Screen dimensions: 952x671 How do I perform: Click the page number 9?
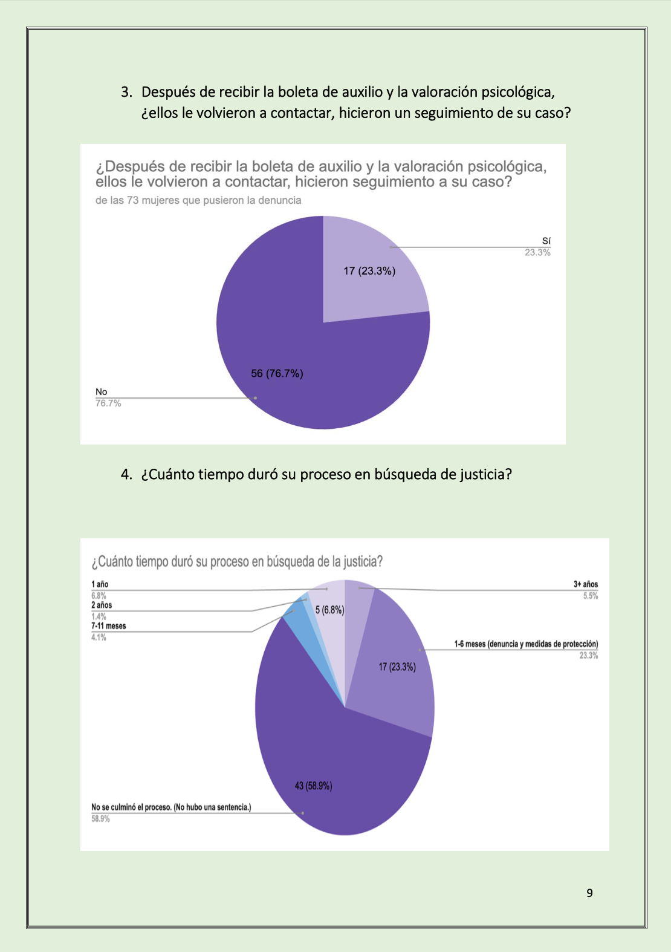pyautogui.click(x=589, y=893)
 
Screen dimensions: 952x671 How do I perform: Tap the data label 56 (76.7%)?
pyautogui.click(x=277, y=374)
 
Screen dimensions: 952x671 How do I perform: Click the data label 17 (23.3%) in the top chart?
pyautogui.click(x=369, y=271)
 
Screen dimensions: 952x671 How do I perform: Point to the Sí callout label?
pyautogui.click(x=546, y=241)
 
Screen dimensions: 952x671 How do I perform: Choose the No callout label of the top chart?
pyautogui.click(x=101, y=392)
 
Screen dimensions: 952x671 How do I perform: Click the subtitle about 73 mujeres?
pyautogui.click(x=198, y=200)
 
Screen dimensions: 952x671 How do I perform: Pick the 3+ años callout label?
pyautogui.click(x=585, y=584)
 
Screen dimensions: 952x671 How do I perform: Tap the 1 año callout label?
pyautogui.click(x=100, y=584)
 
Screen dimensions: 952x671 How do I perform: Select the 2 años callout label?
pyautogui.click(x=102, y=605)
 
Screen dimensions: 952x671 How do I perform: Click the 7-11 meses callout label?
pyautogui.click(x=109, y=626)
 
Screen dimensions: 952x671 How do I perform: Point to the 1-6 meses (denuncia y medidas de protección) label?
pyautogui.click(x=526, y=644)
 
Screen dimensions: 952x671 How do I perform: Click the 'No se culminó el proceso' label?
pyautogui.click(x=171, y=807)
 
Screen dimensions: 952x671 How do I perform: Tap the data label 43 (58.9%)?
pyautogui.click(x=313, y=786)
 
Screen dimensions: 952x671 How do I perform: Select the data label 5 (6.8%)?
pyautogui.click(x=329, y=610)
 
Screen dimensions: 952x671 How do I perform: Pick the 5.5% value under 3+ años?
pyautogui.click(x=591, y=596)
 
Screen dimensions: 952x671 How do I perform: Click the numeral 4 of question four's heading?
pyautogui.click(x=126, y=474)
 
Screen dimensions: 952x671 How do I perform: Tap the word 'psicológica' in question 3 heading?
pyautogui.click(x=517, y=92)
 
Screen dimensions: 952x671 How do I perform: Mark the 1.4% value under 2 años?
pyautogui.click(x=99, y=616)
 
